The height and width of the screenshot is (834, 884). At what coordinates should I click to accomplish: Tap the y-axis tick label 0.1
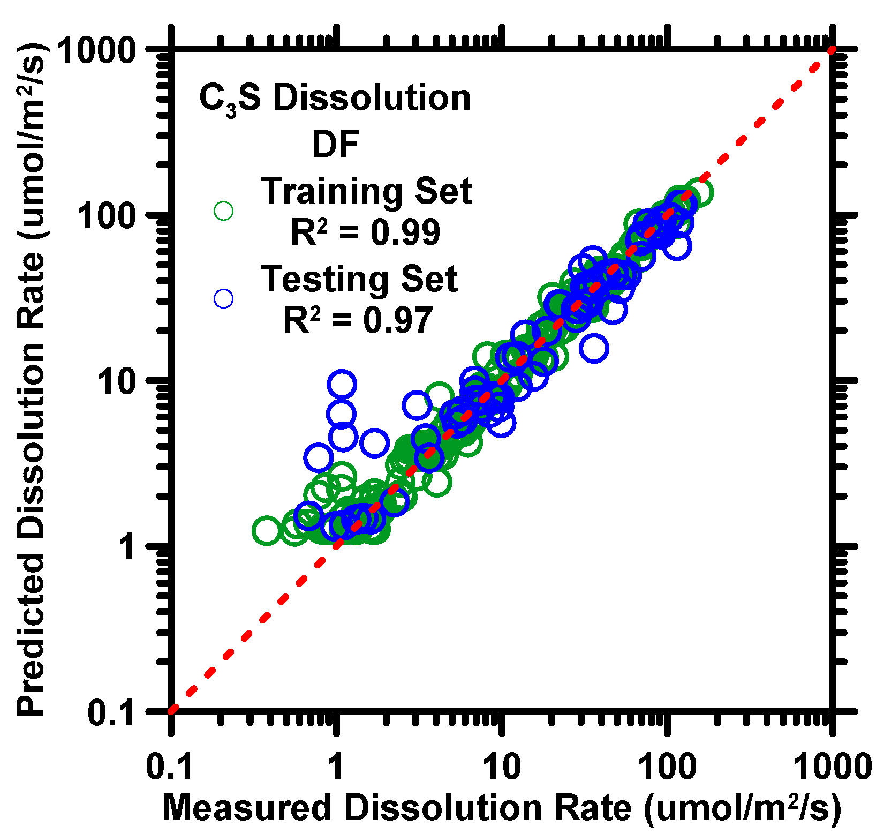pyautogui.click(x=111, y=713)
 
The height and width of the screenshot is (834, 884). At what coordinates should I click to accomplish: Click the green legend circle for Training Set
pyautogui.click(x=223, y=211)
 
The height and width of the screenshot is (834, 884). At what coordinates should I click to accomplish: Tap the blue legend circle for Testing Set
pyautogui.click(x=223, y=299)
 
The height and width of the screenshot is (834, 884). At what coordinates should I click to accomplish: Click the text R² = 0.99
pyautogui.click(x=365, y=232)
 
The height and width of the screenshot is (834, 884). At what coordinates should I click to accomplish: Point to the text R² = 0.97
pyautogui.click(x=358, y=320)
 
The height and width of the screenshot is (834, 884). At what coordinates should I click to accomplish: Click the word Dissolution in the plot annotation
pyautogui.click(x=372, y=99)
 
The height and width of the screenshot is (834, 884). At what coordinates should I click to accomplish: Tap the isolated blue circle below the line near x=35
pyautogui.click(x=594, y=349)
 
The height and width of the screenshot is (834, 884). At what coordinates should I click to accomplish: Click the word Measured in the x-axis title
pyautogui.click(x=246, y=807)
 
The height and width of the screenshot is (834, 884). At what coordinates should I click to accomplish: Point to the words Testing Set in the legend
pyautogui.click(x=359, y=279)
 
